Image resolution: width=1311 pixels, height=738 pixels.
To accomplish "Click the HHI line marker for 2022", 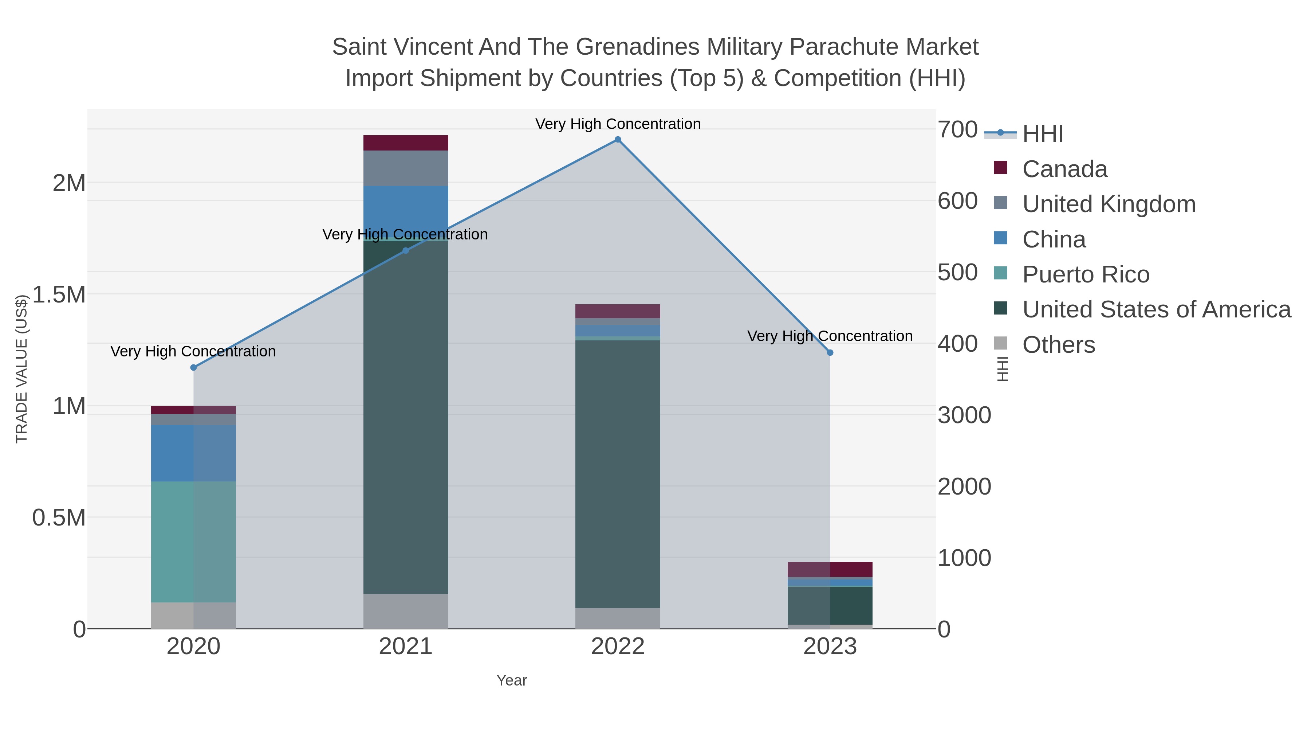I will [618, 140].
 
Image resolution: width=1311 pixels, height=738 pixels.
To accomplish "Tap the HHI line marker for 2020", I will [193, 368].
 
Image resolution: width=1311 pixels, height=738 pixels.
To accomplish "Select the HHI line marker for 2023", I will [830, 352].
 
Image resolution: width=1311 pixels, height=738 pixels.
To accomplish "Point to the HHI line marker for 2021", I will [406, 251].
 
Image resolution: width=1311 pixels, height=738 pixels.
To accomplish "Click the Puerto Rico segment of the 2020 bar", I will [193, 542].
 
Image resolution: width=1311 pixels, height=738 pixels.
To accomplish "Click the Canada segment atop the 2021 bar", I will [406, 143].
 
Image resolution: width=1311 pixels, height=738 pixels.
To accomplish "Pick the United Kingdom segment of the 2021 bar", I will [406, 168].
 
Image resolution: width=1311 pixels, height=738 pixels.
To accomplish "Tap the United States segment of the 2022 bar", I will [618, 474].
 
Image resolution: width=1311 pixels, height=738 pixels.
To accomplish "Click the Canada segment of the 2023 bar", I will [830, 569].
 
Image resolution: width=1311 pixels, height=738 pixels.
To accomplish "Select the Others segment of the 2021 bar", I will [406, 611].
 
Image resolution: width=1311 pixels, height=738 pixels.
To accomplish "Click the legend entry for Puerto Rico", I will [1085, 274].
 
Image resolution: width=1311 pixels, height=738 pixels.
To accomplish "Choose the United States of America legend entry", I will [1156, 310].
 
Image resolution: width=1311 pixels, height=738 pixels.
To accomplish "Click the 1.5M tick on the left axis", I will [59, 294].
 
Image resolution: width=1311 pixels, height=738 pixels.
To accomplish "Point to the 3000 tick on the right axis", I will [964, 415].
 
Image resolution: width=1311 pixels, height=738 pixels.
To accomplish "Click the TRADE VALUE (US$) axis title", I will [21, 369].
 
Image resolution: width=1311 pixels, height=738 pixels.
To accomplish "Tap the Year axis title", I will [512, 680].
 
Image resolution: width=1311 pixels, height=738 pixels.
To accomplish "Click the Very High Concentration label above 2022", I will [618, 124].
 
